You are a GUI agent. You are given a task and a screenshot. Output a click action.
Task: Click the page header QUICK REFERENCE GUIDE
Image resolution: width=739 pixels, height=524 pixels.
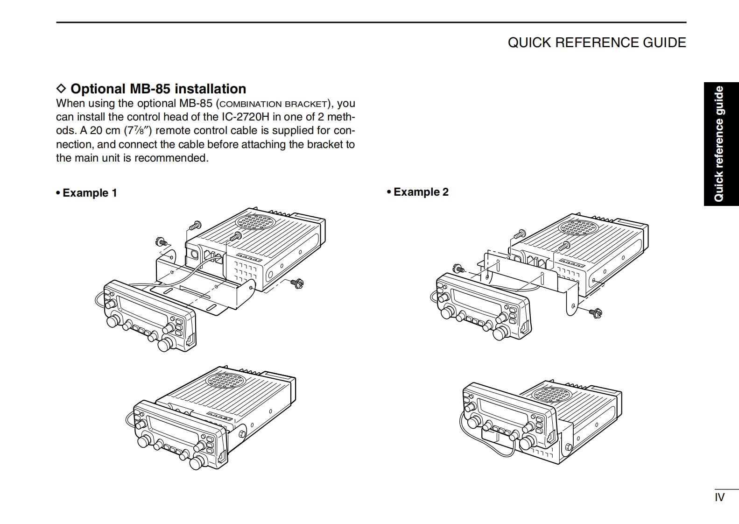[x=597, y=42]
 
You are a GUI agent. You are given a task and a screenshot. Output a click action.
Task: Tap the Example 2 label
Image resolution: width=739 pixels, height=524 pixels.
[x=418, y=192]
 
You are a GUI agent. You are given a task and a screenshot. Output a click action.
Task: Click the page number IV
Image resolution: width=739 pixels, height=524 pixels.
[x=719, y=497]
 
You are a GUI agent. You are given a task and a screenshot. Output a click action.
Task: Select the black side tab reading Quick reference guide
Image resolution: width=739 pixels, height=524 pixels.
[x=721, y=144]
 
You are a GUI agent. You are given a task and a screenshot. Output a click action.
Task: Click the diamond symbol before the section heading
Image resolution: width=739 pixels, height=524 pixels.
[x=61, y=89]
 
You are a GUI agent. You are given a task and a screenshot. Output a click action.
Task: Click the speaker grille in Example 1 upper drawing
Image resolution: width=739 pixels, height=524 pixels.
[x=255, y=222]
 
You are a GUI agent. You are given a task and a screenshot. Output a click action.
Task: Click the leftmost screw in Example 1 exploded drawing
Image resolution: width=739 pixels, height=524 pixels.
[x=161, y=242]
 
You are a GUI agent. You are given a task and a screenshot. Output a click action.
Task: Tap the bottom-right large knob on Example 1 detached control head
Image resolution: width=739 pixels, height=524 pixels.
[x=164, y=345]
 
